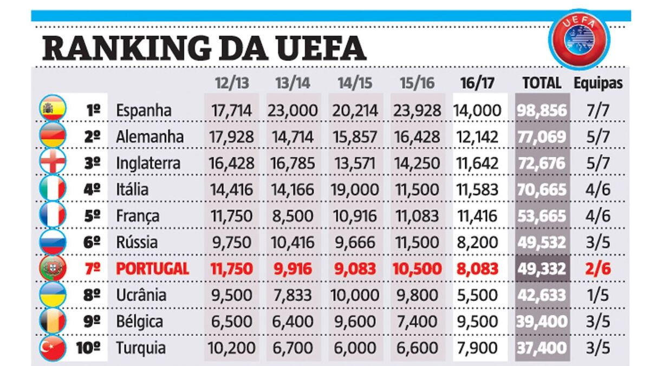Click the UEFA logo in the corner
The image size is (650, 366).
(579, 40)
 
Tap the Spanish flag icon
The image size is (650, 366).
(53, 108)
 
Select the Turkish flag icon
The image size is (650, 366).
(53, 348)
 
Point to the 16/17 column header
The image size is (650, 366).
(477, 83)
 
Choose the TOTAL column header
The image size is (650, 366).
(542, 83)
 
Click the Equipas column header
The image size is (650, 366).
(598, 83)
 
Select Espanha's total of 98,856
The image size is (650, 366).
(542, 110)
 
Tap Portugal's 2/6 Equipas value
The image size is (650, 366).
(598, 269)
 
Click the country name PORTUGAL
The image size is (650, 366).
(153, 269)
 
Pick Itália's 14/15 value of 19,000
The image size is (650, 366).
(355, 189)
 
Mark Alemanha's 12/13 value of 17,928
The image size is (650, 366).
(231, 137)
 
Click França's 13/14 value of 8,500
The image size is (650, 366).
(292, 216)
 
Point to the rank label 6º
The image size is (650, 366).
(92, 243)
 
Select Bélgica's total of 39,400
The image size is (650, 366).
(542, 322)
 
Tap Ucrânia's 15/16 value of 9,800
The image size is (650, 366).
(417, 295)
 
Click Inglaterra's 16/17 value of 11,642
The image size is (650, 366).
(477, 164)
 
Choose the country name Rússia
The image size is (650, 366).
(136, 243)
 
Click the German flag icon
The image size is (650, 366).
(53, 135)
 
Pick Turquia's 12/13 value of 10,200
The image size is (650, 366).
(231, 348)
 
